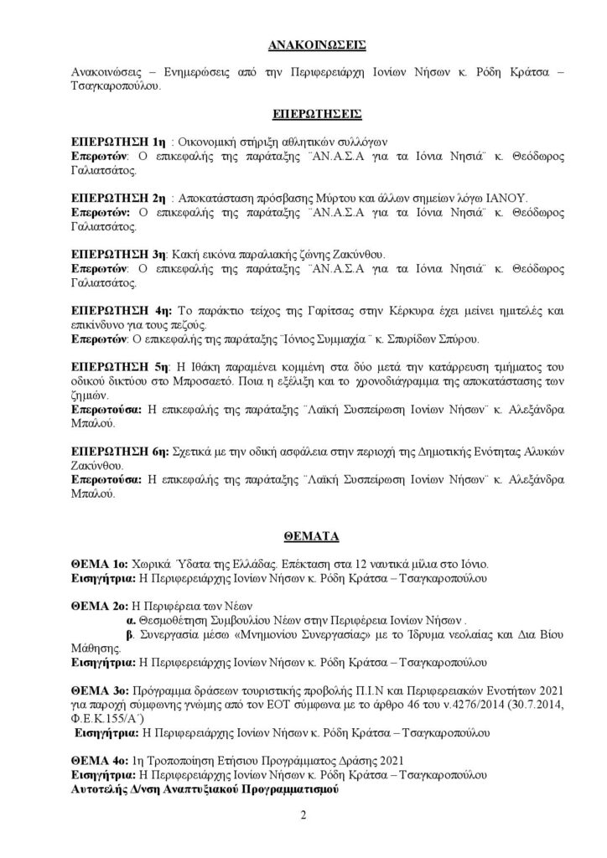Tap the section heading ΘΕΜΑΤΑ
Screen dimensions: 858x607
tap(303, 534)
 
